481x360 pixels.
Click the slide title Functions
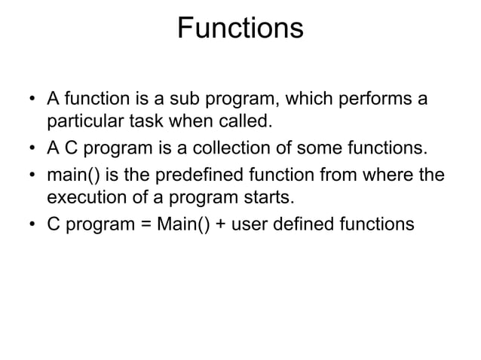tap(240, 29)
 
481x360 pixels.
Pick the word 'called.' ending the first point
tap(243, 120)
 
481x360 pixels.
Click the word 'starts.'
tap(265, 196)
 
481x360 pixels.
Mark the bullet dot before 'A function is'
tap(32, 99)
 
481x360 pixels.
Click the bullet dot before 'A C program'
tap(32, 147)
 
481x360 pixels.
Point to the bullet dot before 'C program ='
tap(32, 224)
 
